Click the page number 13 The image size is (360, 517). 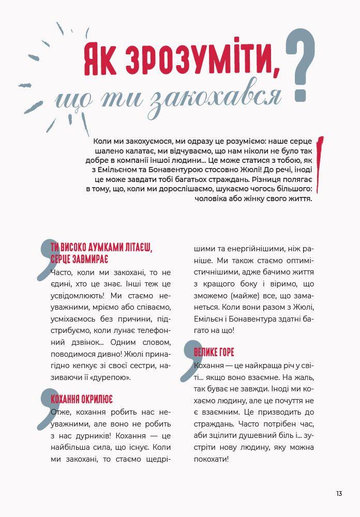pyautogui.click(x=339, y=494)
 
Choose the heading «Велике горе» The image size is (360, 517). pyautogui.click(x=214, y=353)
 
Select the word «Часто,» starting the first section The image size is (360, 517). pyautogui.click(x=64, y=272)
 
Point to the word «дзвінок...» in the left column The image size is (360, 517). pyautogui.click(x=75, y=343)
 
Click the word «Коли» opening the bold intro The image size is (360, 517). pyautogui.click(x=104, y=141)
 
